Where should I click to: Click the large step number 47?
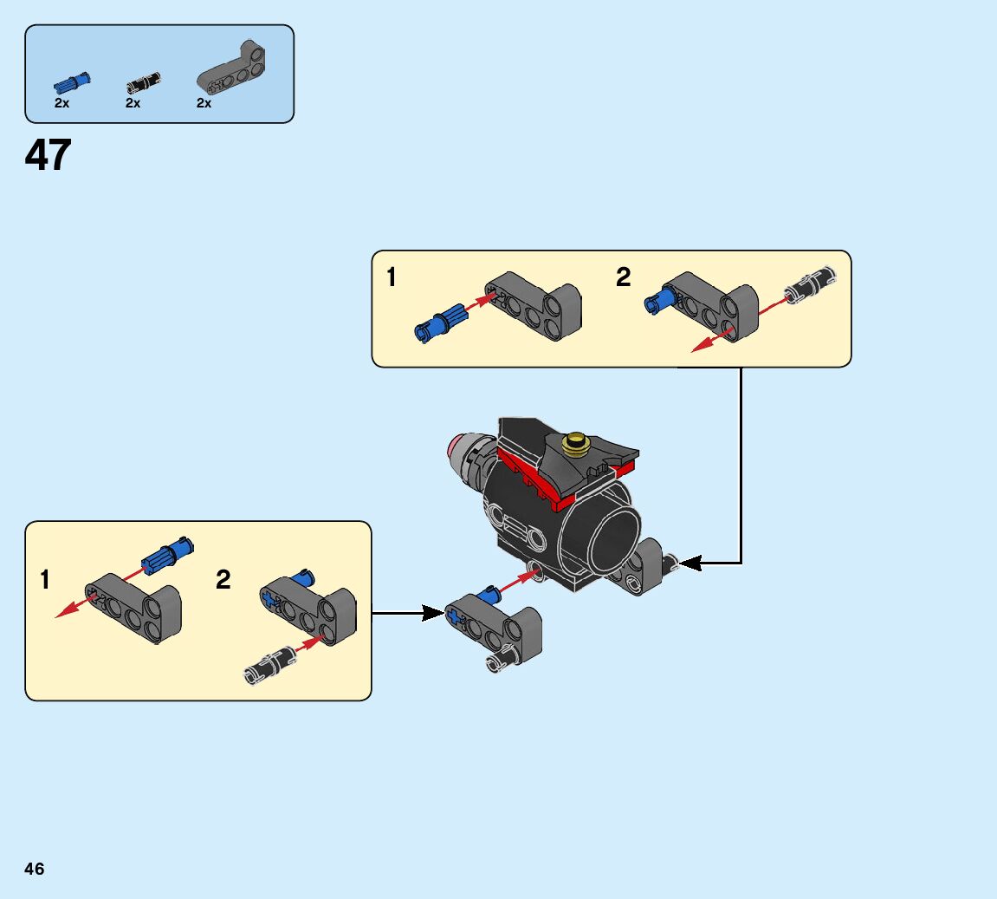click(x=48, y=156)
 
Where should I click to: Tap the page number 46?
click(x=35, y=869)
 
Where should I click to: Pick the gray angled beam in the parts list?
click(x=234, y=68)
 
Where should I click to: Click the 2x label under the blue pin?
click(x=62, y=103)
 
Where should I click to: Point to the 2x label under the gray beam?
click(x=204, y=103)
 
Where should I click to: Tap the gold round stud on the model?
click(x=574, y=444)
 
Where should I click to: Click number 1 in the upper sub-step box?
click(x=392, y=277)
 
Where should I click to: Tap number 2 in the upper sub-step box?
click(x=624, y=277)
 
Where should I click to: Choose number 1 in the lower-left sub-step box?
click(x=45, y=579)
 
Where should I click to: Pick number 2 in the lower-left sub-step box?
click(x=223, y=579)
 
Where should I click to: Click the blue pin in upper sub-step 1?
click(x=441, y=322)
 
